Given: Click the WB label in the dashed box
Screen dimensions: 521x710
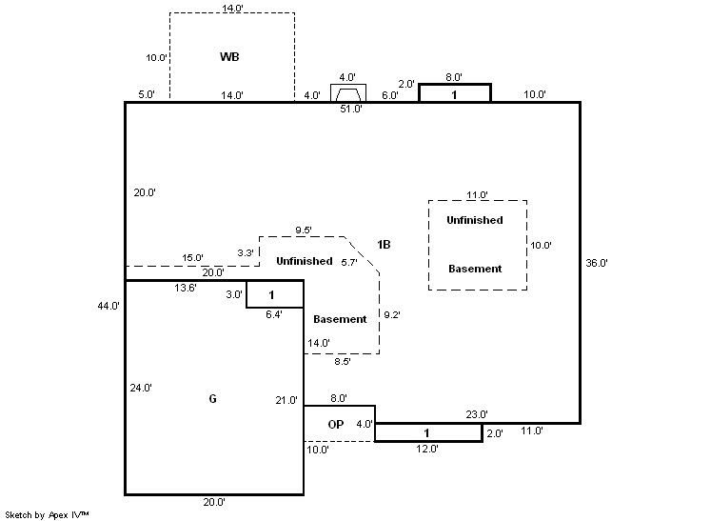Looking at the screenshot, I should click(229, 57).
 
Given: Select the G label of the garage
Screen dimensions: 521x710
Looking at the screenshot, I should click(212, 398).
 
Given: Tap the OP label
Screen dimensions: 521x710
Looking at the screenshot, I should click(336, 424).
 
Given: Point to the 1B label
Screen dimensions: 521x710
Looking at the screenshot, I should click(384, 245).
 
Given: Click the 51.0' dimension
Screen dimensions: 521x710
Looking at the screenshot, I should click(351, 110).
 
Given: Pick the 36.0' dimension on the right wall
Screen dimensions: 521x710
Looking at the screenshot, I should click(597, 262).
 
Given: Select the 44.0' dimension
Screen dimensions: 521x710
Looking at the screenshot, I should click(108, 306).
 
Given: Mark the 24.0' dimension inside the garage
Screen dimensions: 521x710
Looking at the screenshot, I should click(141, 388).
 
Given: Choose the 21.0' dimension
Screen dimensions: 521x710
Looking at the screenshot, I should click(286, 400).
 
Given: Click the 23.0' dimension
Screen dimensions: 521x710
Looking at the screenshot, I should click(477, 414).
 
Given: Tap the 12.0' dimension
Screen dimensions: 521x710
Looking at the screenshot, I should click(426, 449).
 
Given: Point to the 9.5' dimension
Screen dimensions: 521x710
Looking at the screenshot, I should click(305, 230).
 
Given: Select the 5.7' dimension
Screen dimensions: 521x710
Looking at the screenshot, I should click(349, 262).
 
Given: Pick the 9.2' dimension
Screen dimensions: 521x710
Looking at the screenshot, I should click(392, 314).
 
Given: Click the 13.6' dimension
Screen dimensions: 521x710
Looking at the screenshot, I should click(186, 288).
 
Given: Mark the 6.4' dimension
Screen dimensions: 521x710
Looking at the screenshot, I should click(274, 314).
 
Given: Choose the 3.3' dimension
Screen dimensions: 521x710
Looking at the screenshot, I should click(246, 252).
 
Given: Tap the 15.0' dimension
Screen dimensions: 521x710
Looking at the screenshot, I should click(193, 258).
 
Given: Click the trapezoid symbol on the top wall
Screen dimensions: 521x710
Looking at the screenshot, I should click(348, 93).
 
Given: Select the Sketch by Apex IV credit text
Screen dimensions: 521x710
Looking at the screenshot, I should click(48, 513).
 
